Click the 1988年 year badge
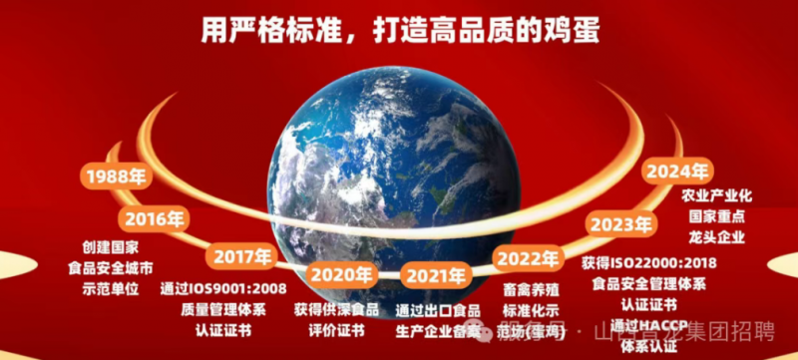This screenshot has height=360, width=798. tap(116, 178)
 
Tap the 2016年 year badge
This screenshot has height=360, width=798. tap(154, 217)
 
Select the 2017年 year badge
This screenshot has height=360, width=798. tap(241, 256)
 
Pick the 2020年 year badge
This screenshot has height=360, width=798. tap(340, 274)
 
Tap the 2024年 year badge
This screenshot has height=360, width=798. tap(676, 172)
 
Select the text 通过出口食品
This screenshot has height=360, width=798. tap(437, 309)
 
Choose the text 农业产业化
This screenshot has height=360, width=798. tap(716, 194)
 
